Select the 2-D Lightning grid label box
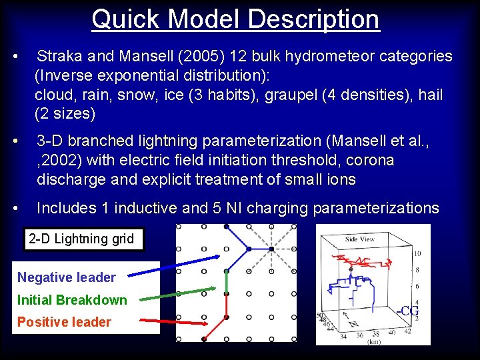[x=84, y=239]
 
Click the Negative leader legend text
[x=67, y=277]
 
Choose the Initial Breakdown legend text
[x=72, y=300]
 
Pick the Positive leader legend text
[x=64, y=322]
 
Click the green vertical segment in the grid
[x=227, y=283]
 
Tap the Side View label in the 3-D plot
[x=360, y=239]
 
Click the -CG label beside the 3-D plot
[x=407, y=311]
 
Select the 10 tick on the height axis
[x=417, y=254]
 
